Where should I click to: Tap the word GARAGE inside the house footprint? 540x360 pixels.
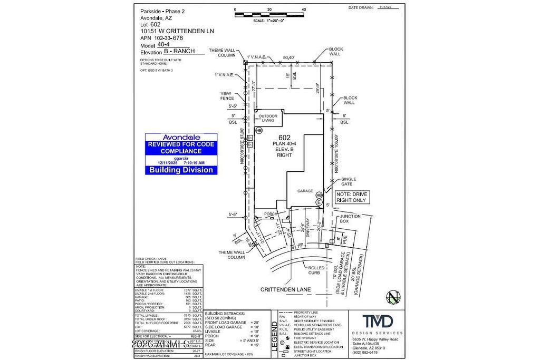305,191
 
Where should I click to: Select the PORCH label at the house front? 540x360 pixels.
271,214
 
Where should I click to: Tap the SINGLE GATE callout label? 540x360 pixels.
349,181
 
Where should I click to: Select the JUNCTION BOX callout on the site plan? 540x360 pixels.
350,219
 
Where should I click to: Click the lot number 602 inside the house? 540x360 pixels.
285,138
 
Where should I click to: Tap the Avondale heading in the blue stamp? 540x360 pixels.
181,137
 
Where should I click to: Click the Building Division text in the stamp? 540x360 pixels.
181,170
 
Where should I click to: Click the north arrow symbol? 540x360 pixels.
393,297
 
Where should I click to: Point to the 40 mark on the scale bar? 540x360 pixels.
304,9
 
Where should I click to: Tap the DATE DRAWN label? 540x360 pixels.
361,8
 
